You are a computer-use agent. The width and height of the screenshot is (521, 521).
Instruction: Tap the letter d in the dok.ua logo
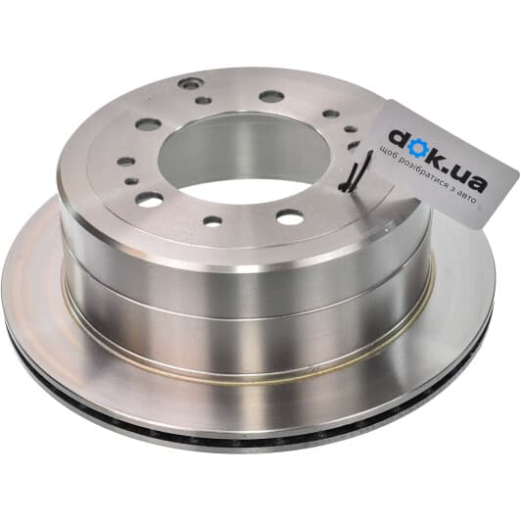point(399,138)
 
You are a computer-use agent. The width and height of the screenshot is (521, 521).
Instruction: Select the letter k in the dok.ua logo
point(440,159)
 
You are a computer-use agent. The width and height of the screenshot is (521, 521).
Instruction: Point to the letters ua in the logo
point(473,179)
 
